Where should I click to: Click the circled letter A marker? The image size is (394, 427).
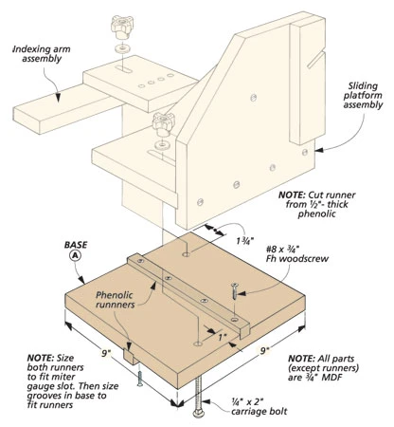(x=75, y=256)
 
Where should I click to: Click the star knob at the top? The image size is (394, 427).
(x=121, y=23)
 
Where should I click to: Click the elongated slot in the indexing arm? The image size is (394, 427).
(x=125, y=69)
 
